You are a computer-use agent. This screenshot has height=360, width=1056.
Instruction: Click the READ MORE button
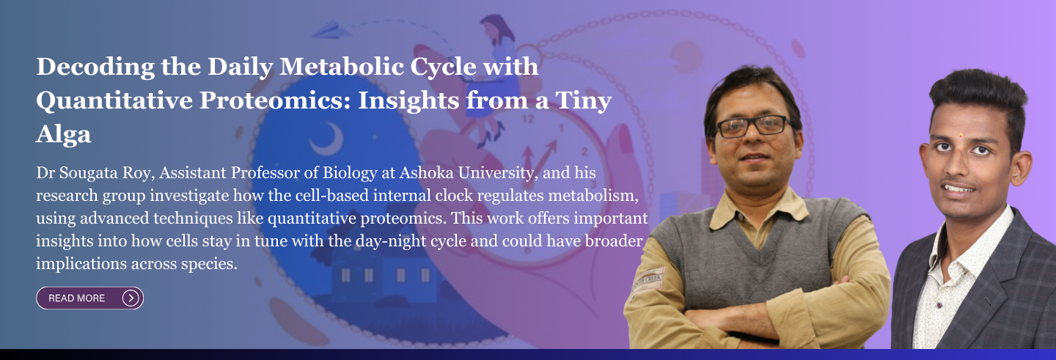[90, 298]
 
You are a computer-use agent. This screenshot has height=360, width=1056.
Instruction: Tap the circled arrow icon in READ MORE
[131, 298]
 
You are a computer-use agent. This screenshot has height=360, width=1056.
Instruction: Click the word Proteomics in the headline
[274, 101]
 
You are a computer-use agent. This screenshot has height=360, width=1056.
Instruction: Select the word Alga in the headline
[64, 135]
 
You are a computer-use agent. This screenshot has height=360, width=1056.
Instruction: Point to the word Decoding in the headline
[95, 67]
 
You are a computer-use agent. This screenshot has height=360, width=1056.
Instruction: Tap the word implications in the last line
[81, 264]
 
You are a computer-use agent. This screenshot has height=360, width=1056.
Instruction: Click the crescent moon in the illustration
[329, 139]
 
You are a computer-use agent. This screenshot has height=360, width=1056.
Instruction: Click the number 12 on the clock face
[528, 119]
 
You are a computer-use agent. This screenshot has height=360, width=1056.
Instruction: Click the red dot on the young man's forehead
[961, 136]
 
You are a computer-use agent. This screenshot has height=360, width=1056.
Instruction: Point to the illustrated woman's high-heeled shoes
[491, 133]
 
